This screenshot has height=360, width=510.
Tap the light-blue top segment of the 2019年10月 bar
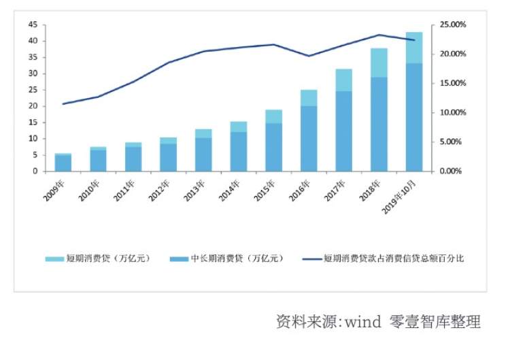click(414, 48)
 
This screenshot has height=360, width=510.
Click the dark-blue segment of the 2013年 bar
click(203, 154)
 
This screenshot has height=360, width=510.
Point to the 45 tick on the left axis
click(32, 24)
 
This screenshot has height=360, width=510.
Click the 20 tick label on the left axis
click(32, 106)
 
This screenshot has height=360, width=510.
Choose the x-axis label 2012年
click(162, 189)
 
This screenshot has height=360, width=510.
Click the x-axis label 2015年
click(267, 189)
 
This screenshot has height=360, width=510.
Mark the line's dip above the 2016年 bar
click(309, 56)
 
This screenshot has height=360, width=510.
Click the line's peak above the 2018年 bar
click(379, 35)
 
